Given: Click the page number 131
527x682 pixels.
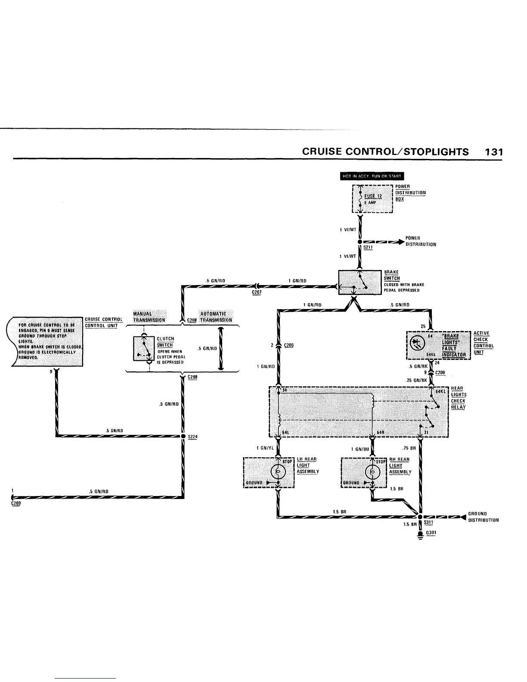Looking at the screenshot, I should [x=493, y=152].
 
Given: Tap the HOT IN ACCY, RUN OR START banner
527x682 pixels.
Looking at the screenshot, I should [x=372, y=176].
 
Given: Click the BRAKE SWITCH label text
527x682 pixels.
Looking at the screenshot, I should [x=392, y=275].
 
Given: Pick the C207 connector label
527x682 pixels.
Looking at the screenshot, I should [x=257, y=292].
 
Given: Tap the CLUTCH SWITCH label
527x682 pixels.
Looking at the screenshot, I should [x=165, y=342].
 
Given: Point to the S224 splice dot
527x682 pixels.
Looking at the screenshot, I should [x=183, y=436].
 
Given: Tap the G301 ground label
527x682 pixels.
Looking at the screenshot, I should [x=431, y=533].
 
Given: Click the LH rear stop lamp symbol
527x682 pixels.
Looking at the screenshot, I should [x=278, y=473].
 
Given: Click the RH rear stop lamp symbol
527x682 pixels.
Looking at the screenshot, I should [x=372, y=473].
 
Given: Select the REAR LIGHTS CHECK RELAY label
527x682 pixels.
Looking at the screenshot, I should [x=458, y=397].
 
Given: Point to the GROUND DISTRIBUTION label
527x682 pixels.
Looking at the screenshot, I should [x=483, y=517].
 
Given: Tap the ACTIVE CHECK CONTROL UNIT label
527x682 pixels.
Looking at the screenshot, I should [x=484, y=343].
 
